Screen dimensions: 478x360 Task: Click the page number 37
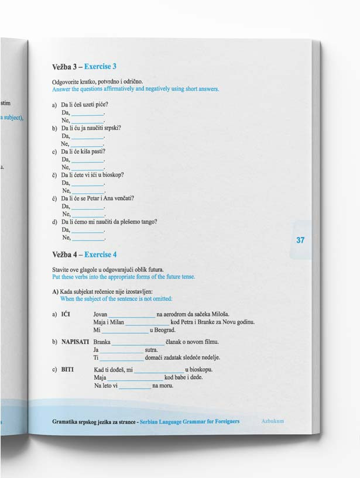pyautogui.click(x=300, y=240)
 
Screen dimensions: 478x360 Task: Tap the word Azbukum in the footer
pyautogui.click(x=273, y=421)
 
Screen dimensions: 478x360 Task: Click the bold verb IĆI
pyautogui.click(x=66, y=314)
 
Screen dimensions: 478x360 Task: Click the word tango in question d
pyautogui.click(x=150, y=222)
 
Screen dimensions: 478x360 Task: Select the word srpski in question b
pyautogui.click(x=112, y=128)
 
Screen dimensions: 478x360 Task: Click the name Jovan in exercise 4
pyautogui.click(x=100, y=314)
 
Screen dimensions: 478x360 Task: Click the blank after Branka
pyautogui.click(x=139, y=343)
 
